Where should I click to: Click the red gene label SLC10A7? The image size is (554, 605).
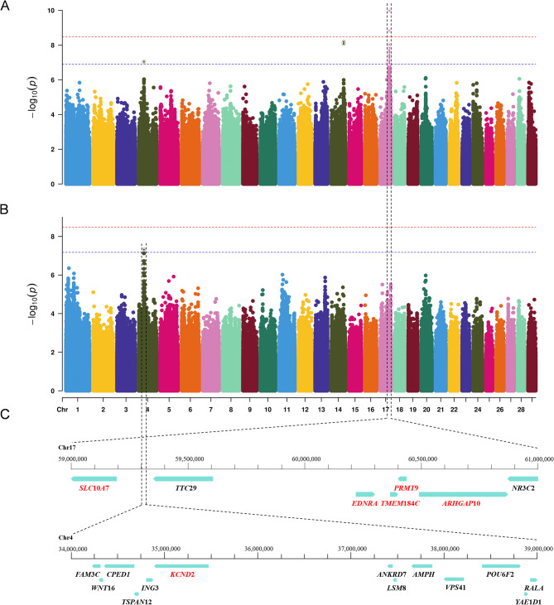pyautogui.click(x=94, y=488)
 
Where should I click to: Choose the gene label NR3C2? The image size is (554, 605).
pyautogui.click(x=523, y=488)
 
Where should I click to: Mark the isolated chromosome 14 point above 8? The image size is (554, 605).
pyautogui.click(x=344, y=43)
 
